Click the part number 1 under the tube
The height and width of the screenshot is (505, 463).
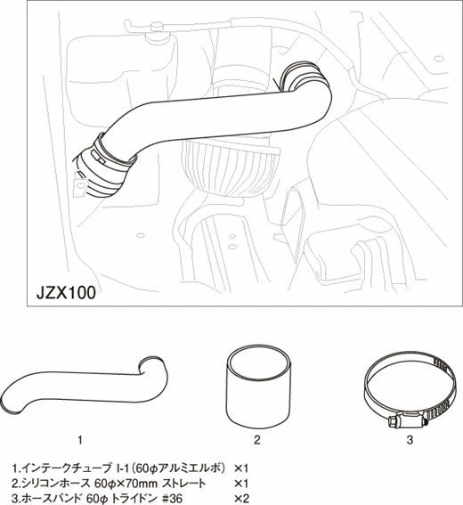pos(79,439)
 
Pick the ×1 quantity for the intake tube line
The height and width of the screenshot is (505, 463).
pos(240,467)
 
